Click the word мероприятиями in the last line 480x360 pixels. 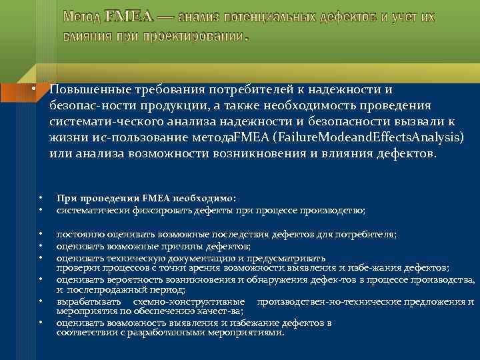[243, 333]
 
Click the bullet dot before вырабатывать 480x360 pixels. [41, 302]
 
